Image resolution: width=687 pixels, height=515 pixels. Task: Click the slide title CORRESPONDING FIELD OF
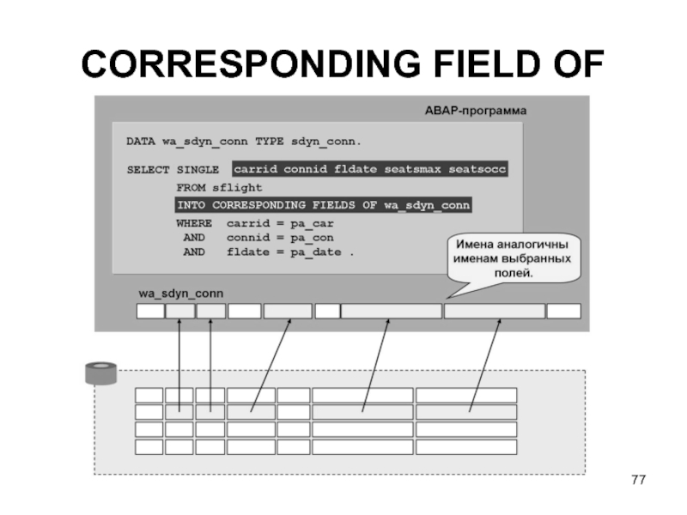pos(342,64)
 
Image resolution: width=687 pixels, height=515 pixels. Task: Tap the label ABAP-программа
pos(476,112)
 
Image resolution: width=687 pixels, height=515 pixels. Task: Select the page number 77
pos(637,479)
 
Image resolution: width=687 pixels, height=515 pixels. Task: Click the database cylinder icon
pos(100,373)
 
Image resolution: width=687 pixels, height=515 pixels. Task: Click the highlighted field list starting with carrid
pos(370,170)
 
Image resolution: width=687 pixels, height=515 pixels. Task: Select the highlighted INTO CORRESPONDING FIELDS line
pos(325,205)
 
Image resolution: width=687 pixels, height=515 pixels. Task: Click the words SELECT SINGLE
pos(173,170)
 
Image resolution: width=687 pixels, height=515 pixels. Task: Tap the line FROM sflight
pos(219,187)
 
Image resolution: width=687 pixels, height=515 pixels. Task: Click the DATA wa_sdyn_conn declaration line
pos(244,140)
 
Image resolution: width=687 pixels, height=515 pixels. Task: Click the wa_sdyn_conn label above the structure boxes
pos(181,294)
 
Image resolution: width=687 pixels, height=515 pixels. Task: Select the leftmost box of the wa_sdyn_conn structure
pos(149,312)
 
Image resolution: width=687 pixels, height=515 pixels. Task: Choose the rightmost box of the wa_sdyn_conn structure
pos(564,312)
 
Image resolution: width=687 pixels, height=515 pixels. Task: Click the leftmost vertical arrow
pos(179,365)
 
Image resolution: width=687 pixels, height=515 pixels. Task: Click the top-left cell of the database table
pos(149,395)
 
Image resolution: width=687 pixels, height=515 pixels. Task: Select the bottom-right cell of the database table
pos(465,446)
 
